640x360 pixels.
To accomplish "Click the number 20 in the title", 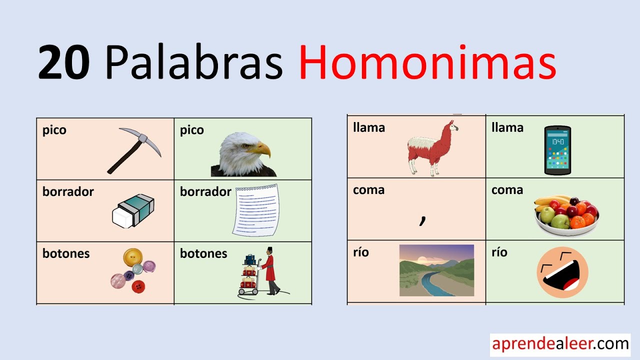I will (64, 63).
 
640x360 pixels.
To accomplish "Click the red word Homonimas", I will (427, 63).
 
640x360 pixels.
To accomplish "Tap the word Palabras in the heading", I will (194, 63).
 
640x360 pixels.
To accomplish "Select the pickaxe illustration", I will (134, 150).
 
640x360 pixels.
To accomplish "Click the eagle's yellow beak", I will (261, 149).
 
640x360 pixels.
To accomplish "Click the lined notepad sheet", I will (255, 210).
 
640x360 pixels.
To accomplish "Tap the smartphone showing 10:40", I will (557, 150).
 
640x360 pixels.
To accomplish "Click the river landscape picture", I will (436, 270).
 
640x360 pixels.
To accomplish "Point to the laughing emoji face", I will (562, 272).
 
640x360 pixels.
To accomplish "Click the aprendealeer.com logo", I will (560, 344).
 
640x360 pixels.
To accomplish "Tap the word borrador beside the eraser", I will (68, 192).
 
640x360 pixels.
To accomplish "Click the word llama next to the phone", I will (507, 128).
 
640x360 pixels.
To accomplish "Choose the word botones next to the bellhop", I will (203, 253).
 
